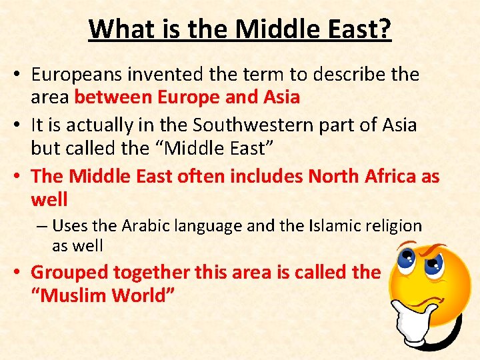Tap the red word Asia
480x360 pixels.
click(x=281, y=97)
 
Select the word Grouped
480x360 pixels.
click(x=69, y=272)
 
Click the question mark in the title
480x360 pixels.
click(x=385, y=29)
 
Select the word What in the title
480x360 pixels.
click(x=114, y=29)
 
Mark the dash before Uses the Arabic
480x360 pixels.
click(x=41, y=227)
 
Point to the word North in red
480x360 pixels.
click(x=334, y=176)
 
